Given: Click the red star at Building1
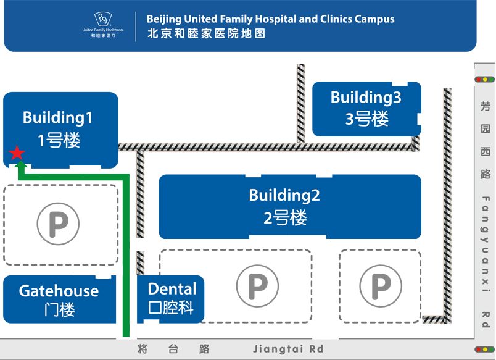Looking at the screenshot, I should pyautogui.click(x=17, y=153).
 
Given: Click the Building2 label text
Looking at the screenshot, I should pyautogui.click(x=284, y=195).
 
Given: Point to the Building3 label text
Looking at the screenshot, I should pyautogui.click(x=366, y=97).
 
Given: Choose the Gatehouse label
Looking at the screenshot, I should pyautogui.click(x=59, y=291).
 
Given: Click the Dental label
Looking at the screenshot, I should pyautogui.click(x=172, y=288).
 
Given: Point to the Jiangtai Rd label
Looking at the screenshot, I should pyautogui.click(x=288, y=349).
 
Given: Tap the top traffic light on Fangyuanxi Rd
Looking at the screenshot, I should pyautogui.click(x=485, y=79).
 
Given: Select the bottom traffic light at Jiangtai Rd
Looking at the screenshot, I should pyautogui.click(x=485, y=350).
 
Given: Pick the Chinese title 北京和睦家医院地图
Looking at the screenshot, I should pyautogui.click(x=207, y=34).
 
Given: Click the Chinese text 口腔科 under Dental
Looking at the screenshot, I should pyautogui.click(x=172, y=308).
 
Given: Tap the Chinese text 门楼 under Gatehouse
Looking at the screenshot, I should pyautogui.click(x=60, y=309).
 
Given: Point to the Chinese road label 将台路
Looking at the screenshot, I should pyautogui.click(x=173, y=349).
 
